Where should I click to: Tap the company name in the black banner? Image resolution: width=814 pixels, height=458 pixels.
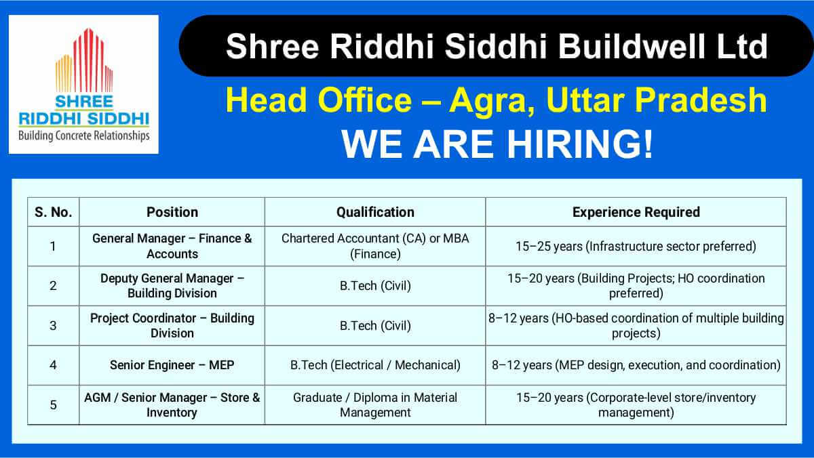(497, 47)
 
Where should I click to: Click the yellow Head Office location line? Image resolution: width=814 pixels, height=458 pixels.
(497, 102)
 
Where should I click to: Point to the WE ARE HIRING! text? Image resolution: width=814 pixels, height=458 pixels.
(497, 144)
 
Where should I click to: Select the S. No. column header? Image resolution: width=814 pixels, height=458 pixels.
(53, 212)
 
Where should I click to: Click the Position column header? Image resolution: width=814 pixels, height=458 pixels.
(172, 212)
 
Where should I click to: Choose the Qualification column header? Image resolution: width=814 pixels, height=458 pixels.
(375, 212)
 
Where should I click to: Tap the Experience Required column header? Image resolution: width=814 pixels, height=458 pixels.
(636, 212)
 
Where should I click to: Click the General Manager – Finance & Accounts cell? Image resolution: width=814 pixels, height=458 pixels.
(172, 246)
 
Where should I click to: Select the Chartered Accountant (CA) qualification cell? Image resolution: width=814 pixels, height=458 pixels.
(375, 246)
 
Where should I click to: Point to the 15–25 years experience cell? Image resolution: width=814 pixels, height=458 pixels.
(636, 246)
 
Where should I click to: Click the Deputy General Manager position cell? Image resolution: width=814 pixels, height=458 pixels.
(172, 285)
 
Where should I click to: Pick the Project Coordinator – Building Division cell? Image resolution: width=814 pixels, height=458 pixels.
(172, 325)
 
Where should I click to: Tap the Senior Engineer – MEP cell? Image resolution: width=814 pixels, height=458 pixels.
(172, 365)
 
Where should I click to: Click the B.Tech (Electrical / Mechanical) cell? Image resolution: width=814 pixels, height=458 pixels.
(375, 365)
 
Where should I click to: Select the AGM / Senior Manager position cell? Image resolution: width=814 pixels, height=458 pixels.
(172, 404)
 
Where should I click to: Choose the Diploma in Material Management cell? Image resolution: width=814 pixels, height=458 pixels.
(375, 404)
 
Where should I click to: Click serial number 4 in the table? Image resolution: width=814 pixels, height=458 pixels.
(53, 365)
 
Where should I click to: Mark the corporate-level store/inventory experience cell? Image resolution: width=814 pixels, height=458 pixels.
(636, 404)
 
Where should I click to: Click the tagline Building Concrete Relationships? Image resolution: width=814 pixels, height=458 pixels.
(83, 136)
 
